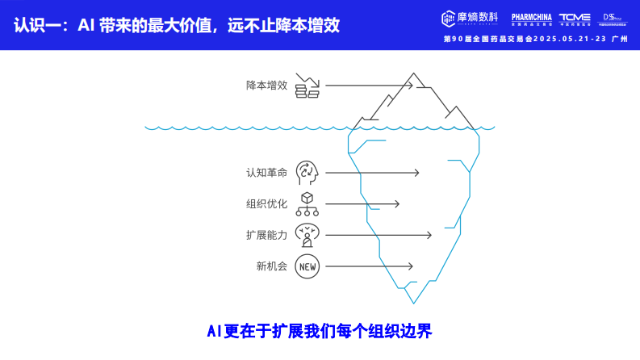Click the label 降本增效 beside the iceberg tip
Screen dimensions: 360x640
(266, 85)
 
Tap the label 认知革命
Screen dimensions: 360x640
(266, 172)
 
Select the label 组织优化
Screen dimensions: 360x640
(266, 203)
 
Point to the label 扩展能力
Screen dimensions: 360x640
(266, 235)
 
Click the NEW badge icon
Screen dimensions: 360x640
(307, 266)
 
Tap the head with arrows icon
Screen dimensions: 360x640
(307, 172)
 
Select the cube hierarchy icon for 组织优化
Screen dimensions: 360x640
(307, 203)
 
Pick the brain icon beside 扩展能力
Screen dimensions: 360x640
(307, 235)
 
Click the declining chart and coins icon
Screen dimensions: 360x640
(307, 85)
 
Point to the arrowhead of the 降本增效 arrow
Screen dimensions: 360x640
(411, 85)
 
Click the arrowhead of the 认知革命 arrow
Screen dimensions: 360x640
(416, 172)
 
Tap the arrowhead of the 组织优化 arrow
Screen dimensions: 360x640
(396, 203)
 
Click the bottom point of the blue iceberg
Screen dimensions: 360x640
(415, 303)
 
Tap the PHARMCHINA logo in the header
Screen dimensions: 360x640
(531, 19)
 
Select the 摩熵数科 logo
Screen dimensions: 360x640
(471, 19)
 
